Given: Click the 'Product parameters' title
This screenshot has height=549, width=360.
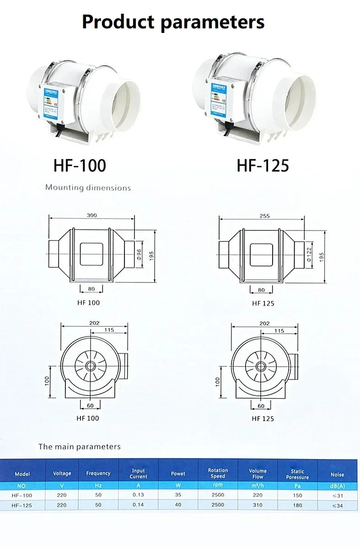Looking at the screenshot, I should (173, 21).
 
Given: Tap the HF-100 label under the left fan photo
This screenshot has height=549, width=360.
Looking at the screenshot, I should (80, 165).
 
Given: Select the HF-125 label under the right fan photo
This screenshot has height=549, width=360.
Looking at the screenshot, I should (263, 165).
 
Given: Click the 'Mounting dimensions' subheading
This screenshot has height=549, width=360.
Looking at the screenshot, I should (88, 187).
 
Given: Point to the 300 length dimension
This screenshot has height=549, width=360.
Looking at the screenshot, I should (91, 215).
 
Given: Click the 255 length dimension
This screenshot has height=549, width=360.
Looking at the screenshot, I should (264, 216).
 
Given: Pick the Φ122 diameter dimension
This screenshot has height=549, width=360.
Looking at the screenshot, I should (309, 254).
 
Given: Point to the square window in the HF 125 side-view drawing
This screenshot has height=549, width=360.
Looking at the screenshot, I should (261, 254).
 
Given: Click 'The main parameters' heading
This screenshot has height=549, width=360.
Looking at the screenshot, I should (80, 447).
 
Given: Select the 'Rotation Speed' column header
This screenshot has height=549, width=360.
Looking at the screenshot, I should (218, 473).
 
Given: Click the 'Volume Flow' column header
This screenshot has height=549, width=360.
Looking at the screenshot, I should (258, 473).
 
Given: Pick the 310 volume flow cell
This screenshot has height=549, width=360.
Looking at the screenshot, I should (258, 505).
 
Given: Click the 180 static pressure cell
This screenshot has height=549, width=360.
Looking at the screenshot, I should (297, 505).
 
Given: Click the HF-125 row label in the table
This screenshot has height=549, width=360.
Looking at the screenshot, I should (21, 505).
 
